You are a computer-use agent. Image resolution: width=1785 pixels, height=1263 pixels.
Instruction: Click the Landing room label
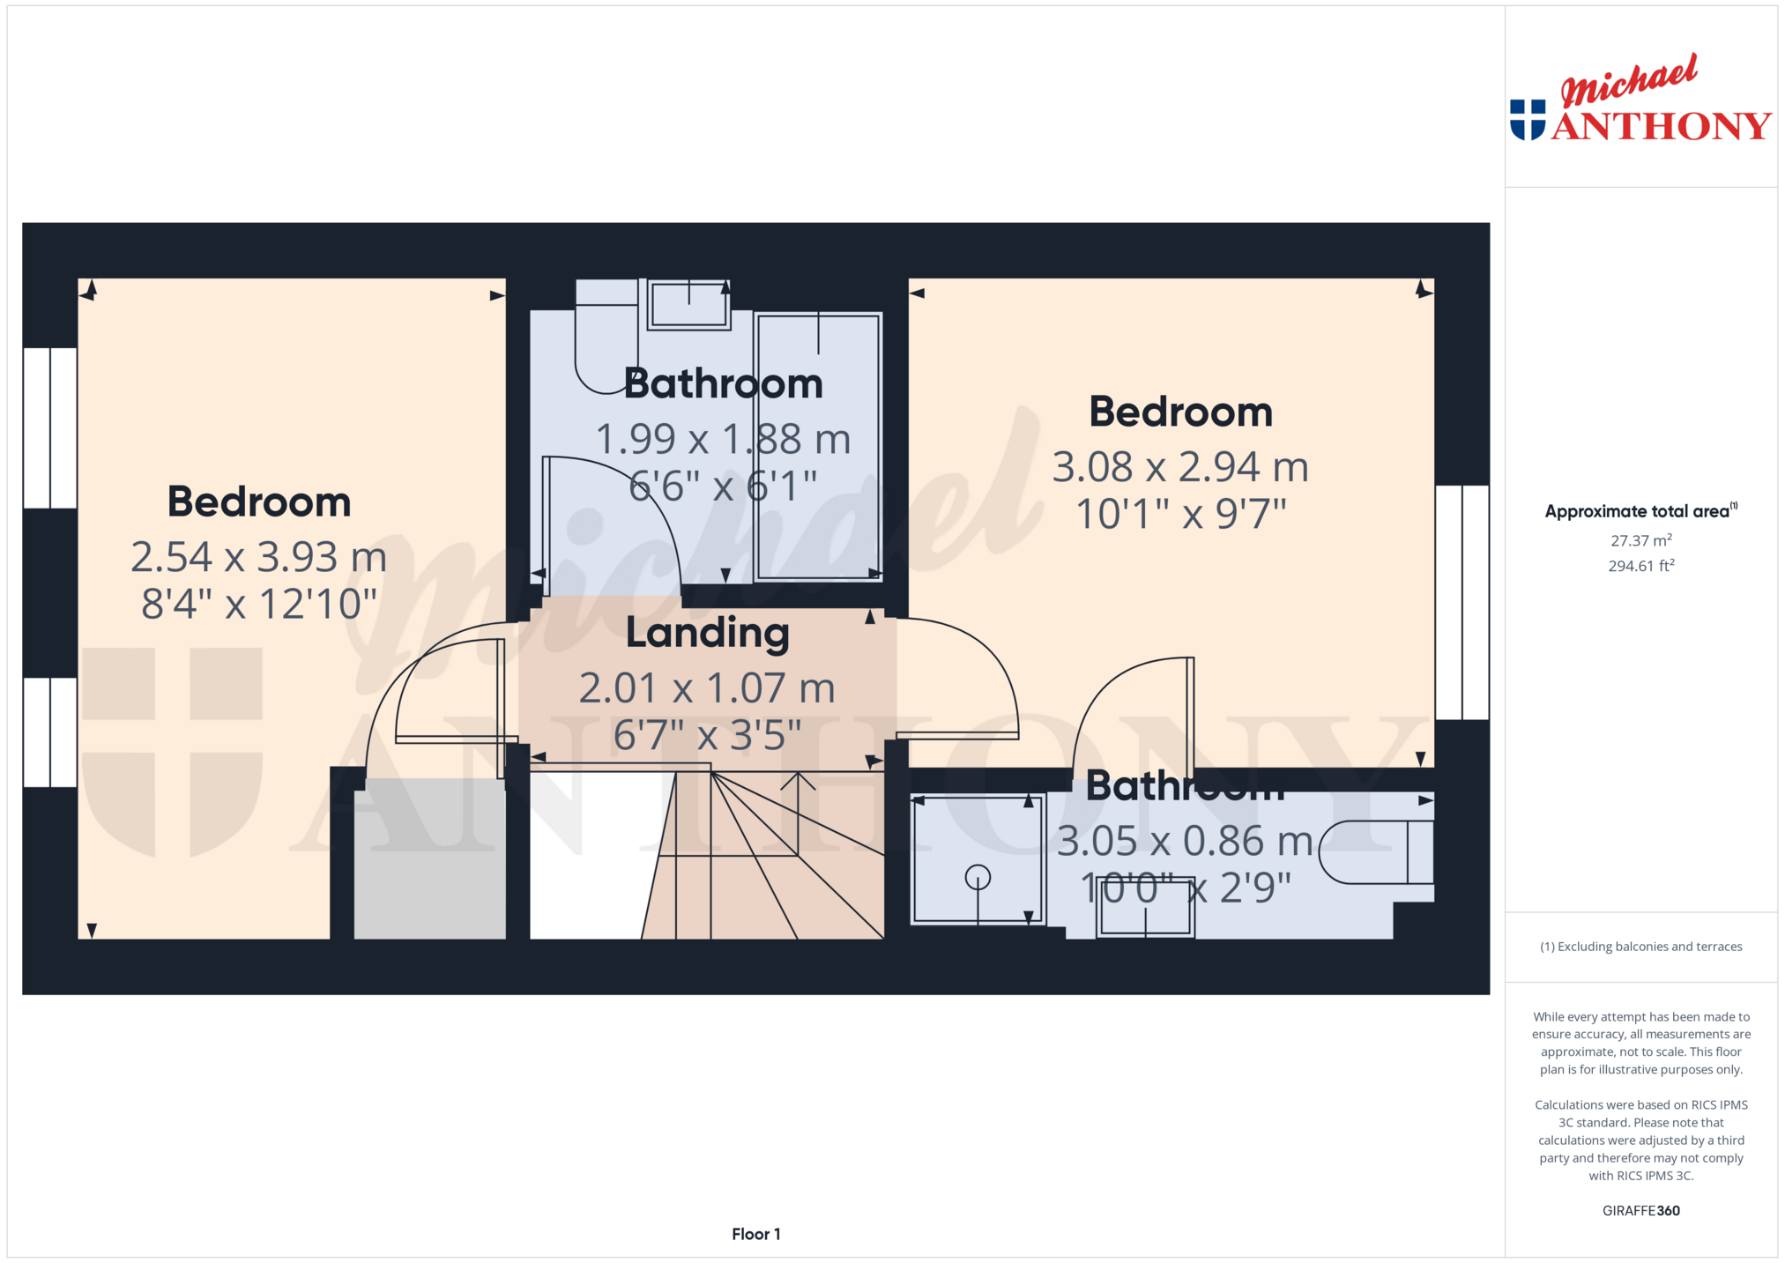pos(707,633)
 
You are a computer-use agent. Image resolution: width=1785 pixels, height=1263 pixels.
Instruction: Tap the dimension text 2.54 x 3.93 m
pos(258,557)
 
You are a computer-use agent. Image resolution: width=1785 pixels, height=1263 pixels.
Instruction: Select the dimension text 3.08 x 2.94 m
pos(1180,467)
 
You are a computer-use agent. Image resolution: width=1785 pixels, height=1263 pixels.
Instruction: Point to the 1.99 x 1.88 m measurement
pos(723,439)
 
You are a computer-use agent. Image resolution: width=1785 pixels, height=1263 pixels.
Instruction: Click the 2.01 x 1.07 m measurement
pos(707,688)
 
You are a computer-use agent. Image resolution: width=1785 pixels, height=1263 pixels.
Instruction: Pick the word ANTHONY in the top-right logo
pos(1662,126)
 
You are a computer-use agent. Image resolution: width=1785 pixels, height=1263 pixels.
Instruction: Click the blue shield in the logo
pos(1528,120)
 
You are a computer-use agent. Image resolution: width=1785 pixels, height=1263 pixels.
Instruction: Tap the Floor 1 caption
pos(755,1234)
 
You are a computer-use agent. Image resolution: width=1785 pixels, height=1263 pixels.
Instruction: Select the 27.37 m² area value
pos(1640,540)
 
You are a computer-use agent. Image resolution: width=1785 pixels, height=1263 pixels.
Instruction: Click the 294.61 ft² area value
pos(1640,566)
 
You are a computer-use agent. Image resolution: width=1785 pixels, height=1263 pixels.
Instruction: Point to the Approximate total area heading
pos(1640,511)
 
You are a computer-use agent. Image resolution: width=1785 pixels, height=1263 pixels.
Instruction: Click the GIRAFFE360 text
pos(1640,1211)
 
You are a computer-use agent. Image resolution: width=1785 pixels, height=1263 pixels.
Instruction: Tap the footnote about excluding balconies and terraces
pos(1640,947)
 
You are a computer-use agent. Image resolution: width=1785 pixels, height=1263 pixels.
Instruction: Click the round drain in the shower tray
pos(978,877)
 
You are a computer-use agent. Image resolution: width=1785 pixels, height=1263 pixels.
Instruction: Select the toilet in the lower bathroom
pos(1375,852)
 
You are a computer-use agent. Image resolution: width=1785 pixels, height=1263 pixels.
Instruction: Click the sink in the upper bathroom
pos(688,305)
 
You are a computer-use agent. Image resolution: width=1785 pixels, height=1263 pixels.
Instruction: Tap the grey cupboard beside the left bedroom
pos(429,858)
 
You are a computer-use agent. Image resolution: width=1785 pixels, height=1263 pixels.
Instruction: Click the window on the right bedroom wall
pos(1462,602)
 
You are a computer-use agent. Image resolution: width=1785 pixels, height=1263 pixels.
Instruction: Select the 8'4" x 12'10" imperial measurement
pos(258,605)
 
